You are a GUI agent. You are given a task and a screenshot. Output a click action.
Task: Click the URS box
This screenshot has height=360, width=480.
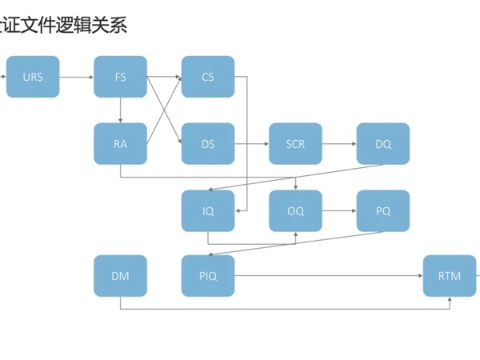point(33,77)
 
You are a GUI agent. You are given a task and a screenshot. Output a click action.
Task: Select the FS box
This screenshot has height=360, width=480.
point(120,77)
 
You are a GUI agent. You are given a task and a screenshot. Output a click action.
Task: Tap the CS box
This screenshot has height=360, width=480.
point(208,77)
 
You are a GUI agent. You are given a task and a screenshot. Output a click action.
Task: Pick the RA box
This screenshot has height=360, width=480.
point(120,144)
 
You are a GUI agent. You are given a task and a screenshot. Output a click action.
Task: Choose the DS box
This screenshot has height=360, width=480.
point(208,144)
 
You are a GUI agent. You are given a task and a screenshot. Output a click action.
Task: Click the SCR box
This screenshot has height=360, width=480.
point(295,144)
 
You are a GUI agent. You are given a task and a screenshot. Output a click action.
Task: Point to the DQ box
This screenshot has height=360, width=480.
point(383,144)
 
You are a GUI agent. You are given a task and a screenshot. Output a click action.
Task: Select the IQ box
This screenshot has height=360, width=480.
point(208,211)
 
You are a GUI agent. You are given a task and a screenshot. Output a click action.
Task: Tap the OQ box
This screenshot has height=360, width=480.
point(295,211)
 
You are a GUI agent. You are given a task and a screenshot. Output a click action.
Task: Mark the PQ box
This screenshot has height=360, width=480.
point(383,211)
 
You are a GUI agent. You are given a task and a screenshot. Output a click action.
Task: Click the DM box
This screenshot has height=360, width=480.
point(120,276)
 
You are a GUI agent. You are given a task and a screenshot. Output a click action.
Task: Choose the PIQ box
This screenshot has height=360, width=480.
point(208,276)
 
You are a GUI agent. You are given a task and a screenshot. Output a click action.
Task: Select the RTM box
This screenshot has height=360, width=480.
point(450,276)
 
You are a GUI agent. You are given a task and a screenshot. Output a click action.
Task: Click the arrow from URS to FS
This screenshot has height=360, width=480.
point(76,78)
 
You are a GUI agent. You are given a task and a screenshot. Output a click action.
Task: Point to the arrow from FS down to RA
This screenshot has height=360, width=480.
point(120,110)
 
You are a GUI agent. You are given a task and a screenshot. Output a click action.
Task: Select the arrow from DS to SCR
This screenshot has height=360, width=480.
point(251,144)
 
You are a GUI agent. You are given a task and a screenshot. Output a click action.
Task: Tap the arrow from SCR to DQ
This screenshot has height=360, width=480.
point(339,144)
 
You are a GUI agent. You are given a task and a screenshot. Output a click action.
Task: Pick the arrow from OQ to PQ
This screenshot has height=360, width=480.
point(339,211)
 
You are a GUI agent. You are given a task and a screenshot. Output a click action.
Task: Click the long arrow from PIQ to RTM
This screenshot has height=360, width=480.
point(328,276)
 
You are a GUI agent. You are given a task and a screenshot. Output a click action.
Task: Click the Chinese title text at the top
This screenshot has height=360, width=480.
point(64,26)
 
